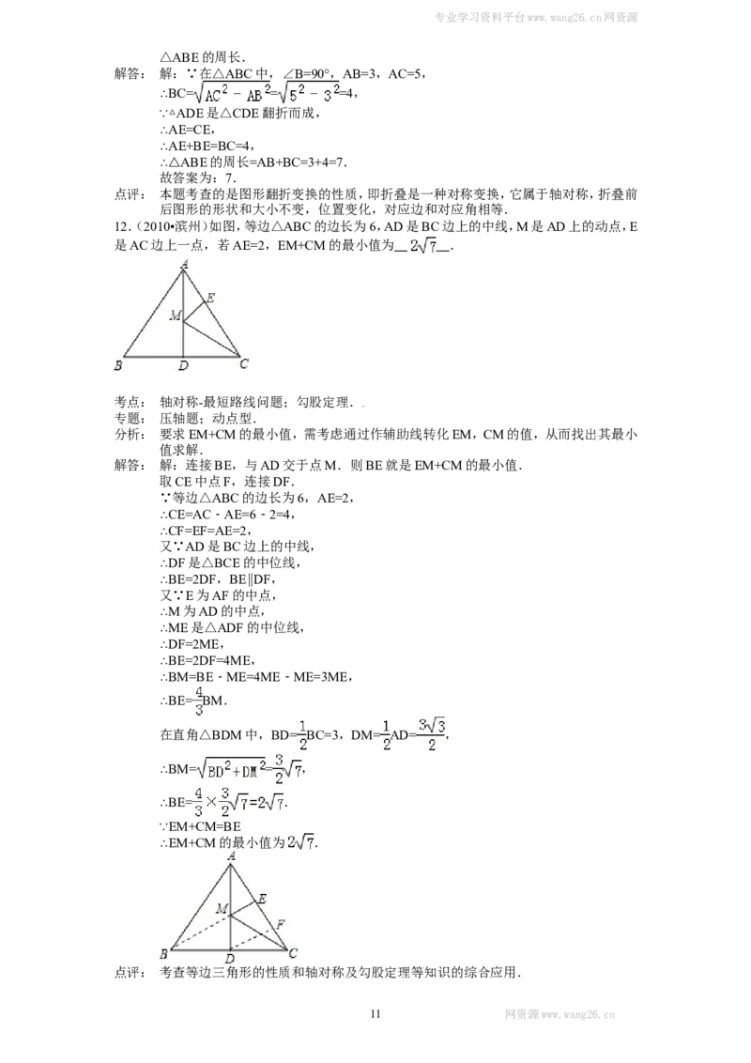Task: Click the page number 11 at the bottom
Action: (x=376, y=1014)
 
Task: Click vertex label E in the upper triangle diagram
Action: (x=210, y=298)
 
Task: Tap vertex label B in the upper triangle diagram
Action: (x=118, y=365)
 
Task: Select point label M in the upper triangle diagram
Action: (x=176, y=316)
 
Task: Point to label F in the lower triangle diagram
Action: (x=280, y=924)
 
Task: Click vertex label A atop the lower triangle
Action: (x=233, y=856)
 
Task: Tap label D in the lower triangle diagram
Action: (x=230, y=960)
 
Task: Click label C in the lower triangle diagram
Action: (x=294, y=953)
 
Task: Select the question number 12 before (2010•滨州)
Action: (x=121, y=227)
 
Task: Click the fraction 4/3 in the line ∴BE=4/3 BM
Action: (x=199, y=701)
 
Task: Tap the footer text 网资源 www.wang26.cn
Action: (x=559, y=1015)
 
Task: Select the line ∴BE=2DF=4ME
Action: (x=208, y=661)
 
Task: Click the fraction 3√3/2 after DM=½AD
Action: (x=432, y=734)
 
